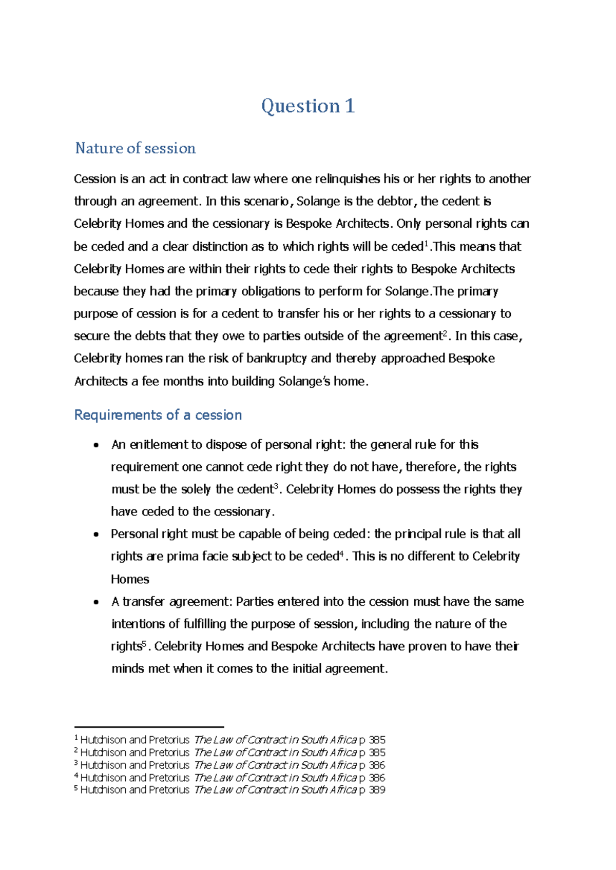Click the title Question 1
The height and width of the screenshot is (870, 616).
[x=307, y=106]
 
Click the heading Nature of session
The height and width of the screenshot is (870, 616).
[x=136, y=148]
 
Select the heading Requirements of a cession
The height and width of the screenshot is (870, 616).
[x=158, y=414]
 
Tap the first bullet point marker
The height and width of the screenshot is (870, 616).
[x=96, y=445]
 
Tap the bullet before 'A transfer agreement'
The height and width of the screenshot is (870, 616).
[x=96, y=602]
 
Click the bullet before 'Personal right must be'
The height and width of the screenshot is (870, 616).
[x=96, y=535]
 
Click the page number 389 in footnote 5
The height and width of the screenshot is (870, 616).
[x=377, y=790]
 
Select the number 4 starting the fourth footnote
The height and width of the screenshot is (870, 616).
[x=76, y=776]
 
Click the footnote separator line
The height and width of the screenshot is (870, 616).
[x=149, y=727]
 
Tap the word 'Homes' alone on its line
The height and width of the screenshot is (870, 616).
[x=130, y=579]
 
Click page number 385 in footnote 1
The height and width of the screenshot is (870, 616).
[x=377, y=740]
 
